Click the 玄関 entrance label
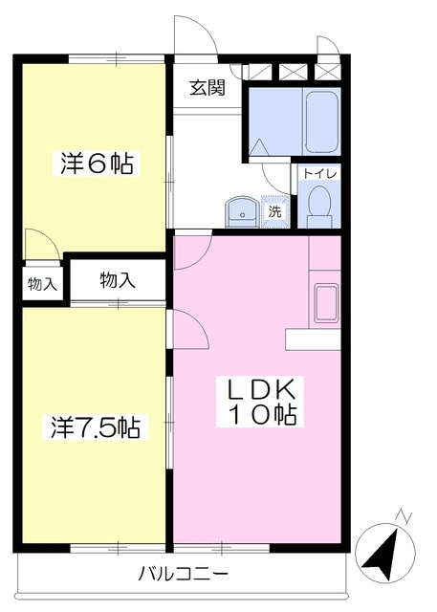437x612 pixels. click(208, 88)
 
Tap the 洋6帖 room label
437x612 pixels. click(97, 164)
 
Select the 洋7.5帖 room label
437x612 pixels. click(96, 427)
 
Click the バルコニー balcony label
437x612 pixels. click(184, 574)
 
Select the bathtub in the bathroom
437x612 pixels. click(321, 121)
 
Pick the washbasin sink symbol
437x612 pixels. click(242, 213)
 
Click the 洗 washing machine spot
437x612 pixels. click(275, 211)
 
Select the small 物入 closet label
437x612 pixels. click(42, 285)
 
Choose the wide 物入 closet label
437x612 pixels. click(118, 280)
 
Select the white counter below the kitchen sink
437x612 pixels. click(313, 339)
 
